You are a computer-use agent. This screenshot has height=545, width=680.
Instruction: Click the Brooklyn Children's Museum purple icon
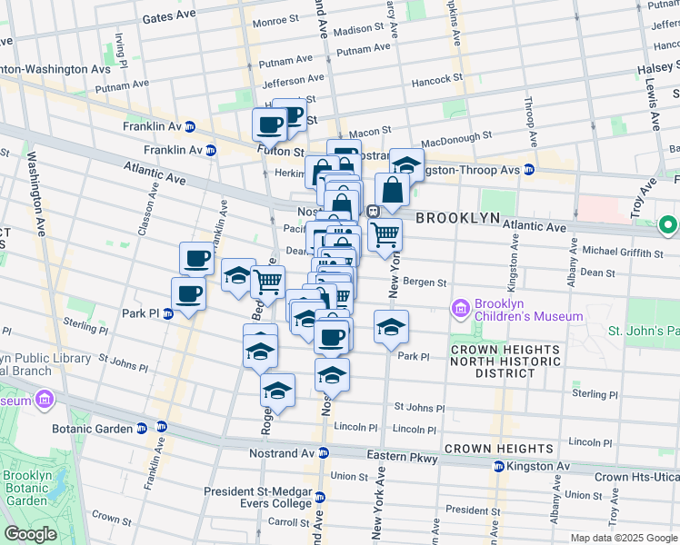[461, 309]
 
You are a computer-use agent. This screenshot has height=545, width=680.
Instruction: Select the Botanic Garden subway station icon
[162, 427]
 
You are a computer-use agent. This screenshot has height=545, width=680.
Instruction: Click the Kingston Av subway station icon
[499, 467]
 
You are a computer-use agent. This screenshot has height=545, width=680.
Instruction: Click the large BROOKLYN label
[458, 219]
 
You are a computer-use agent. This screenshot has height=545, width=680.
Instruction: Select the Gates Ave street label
[169, 17]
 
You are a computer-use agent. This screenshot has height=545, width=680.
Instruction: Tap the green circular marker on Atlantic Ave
[668, 223]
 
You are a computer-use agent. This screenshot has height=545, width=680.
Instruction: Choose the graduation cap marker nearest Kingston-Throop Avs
[406, 164]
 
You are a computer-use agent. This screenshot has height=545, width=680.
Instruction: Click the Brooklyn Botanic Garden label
[25, 488]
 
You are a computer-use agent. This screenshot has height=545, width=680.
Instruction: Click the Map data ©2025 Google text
[623, 538]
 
